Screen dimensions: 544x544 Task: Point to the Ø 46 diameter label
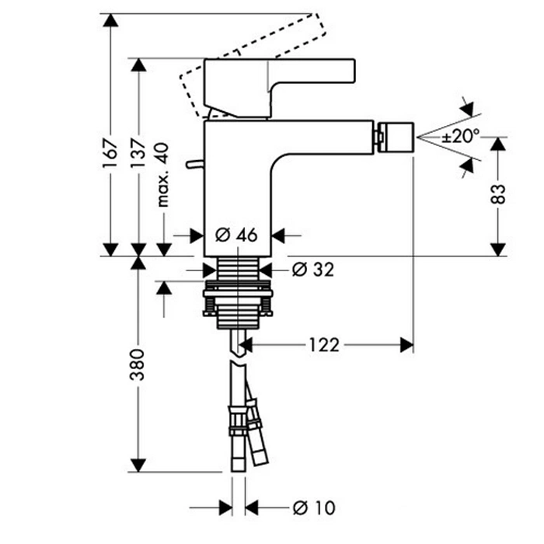point(236,233)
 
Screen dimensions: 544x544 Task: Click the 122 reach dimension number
point(323,345)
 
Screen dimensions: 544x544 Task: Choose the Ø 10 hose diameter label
point(313,507)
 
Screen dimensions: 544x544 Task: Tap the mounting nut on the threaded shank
point(237,305)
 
